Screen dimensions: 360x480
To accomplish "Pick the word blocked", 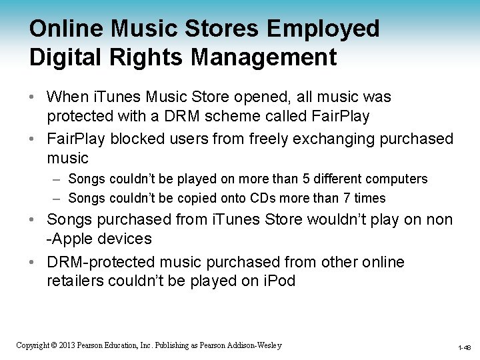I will tap(141, 139).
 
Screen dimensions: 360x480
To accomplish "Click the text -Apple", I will tap(66, 239).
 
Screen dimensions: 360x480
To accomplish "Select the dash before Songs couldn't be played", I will tap(57, 179).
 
